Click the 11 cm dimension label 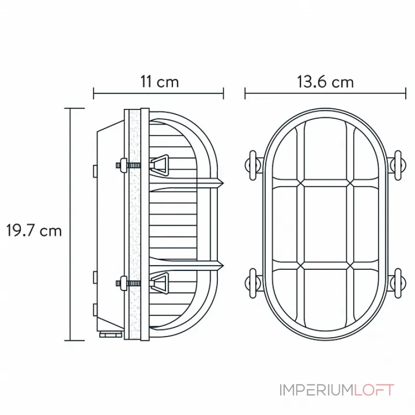[x=160, y=82]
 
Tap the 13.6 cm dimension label [x=325, y=82]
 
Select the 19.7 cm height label [x=34, y=230]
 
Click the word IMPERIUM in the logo [x=316, y=390]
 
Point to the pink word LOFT [x=374, y=390]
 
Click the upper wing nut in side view [x=159, y=165]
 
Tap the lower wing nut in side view [x=159, y=283]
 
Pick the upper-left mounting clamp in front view [x=254, y=165]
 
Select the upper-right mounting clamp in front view [x=396, y=165]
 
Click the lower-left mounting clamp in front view [x=254, y=283]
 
